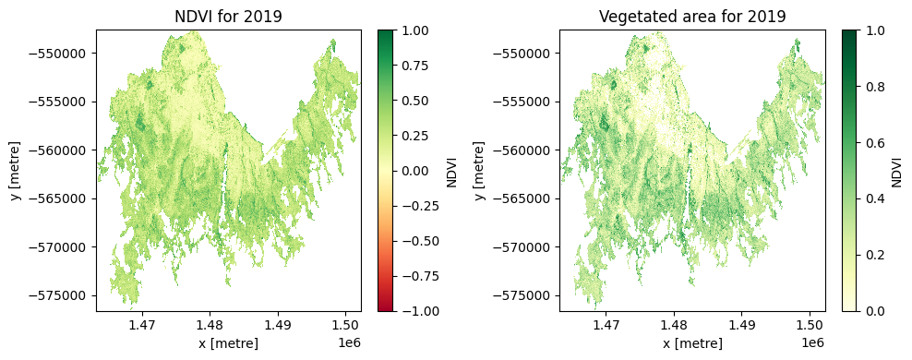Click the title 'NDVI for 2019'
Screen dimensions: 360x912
coord(228,16)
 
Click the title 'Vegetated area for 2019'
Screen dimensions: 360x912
coord(691,16)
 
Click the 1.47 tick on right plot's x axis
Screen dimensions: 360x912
coord(606,325)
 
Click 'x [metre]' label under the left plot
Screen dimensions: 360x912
coord(228,343)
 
